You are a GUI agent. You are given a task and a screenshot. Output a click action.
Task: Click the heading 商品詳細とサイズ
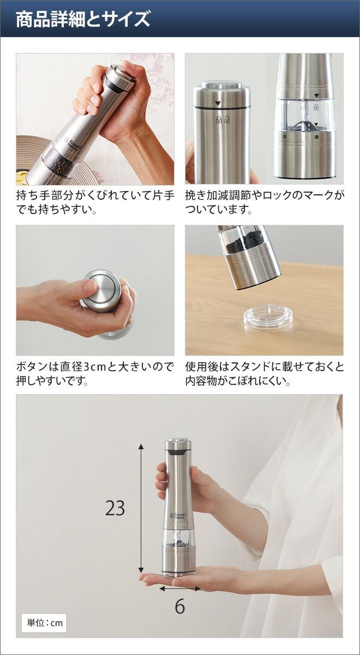coord(83,19)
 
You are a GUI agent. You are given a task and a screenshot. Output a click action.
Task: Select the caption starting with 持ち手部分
coord(95,203)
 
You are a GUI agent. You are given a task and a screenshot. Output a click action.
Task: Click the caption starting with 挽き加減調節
coord(265,203)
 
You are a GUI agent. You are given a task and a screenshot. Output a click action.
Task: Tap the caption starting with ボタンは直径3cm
coord(95,374)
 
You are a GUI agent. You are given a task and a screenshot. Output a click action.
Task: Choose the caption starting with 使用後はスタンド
coord(265,374)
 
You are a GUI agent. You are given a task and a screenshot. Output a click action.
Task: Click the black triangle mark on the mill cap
coord(217,104)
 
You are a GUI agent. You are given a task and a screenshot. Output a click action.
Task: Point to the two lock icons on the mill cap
coord(223,120)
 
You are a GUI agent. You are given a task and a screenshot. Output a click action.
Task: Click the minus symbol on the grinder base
coord(316,137)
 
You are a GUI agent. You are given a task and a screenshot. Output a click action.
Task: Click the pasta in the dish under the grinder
coord(22,176)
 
